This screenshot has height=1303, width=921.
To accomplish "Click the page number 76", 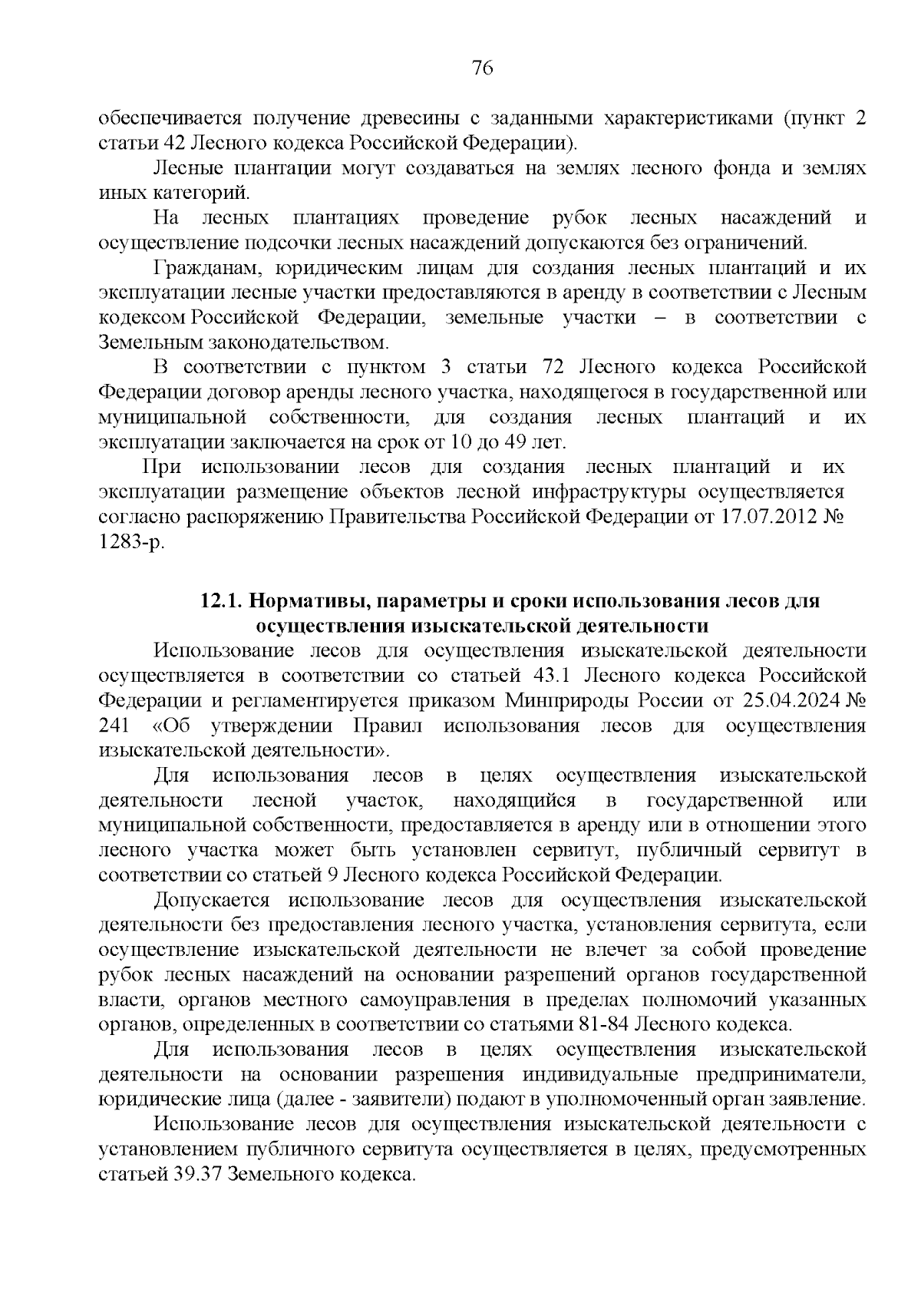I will [x=481, y=68].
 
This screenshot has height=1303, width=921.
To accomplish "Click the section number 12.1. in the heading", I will [x=222, y=601].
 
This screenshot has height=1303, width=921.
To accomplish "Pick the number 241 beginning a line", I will [x=114, y=726].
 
